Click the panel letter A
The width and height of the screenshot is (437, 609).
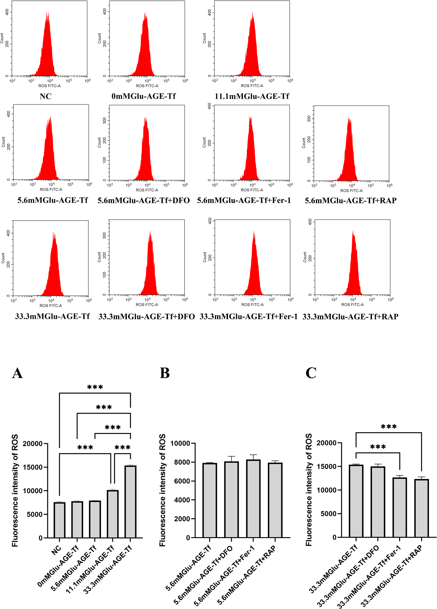coord(17,373)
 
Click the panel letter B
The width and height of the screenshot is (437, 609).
coord(165,373)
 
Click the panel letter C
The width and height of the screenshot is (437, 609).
coord(311,373)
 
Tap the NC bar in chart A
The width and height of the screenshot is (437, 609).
coord(59,520)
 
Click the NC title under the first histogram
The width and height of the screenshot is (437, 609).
coord(45,96)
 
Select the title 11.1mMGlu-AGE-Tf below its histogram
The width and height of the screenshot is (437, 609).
coord(252,96)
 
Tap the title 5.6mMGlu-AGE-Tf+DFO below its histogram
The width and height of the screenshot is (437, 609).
coord(144,201)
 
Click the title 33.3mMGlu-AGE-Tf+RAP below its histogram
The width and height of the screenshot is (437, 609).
coord(350,317)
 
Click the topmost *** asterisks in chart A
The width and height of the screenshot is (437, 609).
coord(95,387)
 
